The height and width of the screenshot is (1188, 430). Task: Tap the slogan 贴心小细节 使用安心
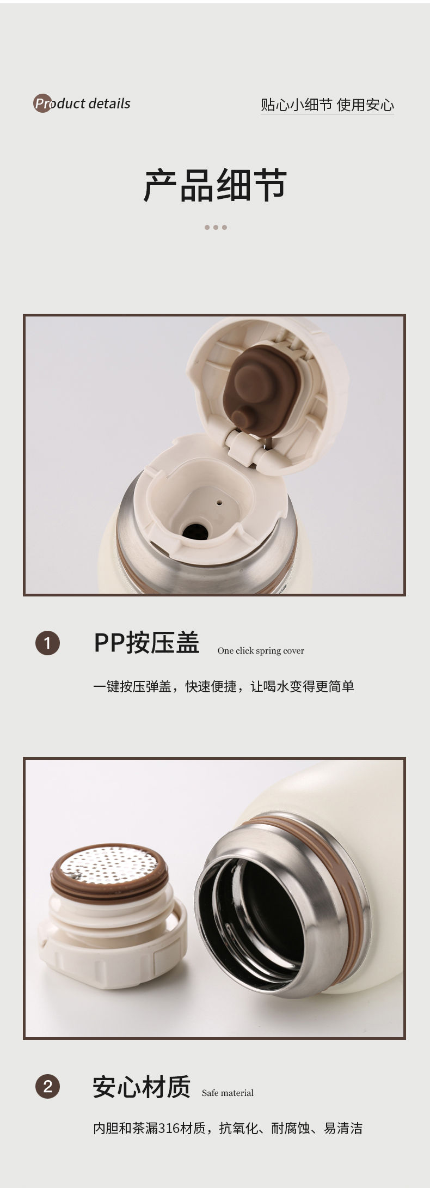click(327, 105)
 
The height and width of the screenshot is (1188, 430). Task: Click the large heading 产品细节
click(215, 186)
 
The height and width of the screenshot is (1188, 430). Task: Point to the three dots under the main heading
click(216, 227)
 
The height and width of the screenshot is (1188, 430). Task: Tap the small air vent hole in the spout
click(219, 503)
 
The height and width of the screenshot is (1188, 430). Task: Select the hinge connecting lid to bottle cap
click(251, 448)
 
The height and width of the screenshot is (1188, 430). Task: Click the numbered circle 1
click(47, 643)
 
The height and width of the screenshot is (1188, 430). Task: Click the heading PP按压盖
click(146, 642)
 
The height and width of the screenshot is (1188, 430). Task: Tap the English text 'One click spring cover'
click(261, 650)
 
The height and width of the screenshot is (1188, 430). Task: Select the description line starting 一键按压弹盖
click(223, 686)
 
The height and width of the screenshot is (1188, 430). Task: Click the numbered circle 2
click(47, 1086)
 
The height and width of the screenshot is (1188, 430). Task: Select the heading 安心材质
click(142, 1086)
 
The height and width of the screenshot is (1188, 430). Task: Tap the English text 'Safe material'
click(228, 1093)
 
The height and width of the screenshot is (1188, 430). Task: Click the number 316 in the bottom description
click(169, 1128)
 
